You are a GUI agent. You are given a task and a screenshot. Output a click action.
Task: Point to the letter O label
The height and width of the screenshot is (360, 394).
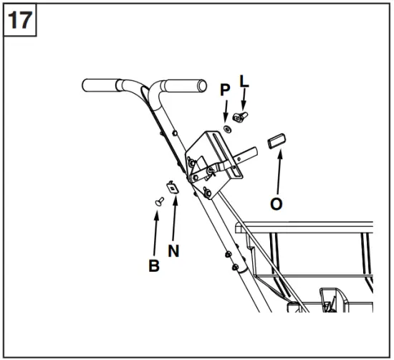click(276, 203)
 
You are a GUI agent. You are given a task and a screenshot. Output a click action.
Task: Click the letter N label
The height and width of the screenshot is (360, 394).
click(173, 251)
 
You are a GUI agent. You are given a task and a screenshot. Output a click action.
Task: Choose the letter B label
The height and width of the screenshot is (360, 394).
click(153, 265)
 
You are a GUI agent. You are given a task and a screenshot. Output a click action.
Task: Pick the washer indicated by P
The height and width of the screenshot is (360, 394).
click(226, 128)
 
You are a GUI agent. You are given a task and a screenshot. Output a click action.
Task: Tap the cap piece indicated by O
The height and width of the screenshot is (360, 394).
click(277, 140)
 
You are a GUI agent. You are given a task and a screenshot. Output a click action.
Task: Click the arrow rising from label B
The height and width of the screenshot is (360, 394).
click(156, 233)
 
